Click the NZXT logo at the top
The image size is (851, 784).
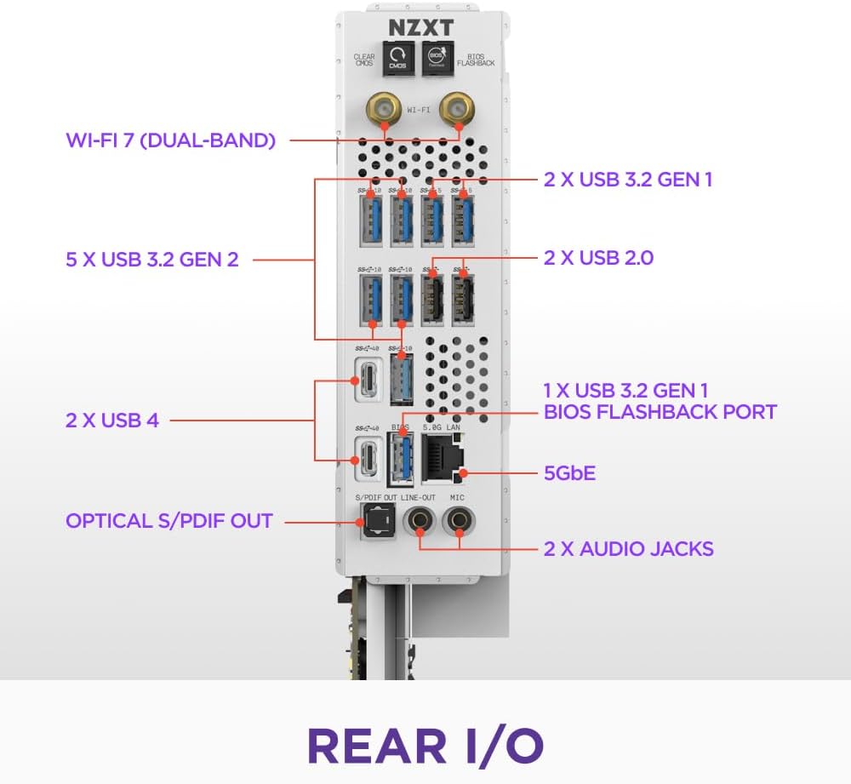(x=421, y=26)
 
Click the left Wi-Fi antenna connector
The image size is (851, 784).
(x=384, y=110)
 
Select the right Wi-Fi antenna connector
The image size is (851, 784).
(x=459, y=110)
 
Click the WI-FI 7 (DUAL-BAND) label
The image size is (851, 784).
(x=171, y=140)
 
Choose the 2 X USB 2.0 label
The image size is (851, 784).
(x=598, y=257)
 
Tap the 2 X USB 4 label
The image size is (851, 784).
(x=112, y=420)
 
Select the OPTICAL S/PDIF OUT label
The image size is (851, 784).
(x=169, y=520)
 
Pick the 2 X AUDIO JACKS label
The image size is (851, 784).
(x=628, y=548)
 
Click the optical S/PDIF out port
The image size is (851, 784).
(x=375, y=520)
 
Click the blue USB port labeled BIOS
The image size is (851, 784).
(x=400, y=460)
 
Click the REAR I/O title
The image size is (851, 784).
(x=425, y=743)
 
